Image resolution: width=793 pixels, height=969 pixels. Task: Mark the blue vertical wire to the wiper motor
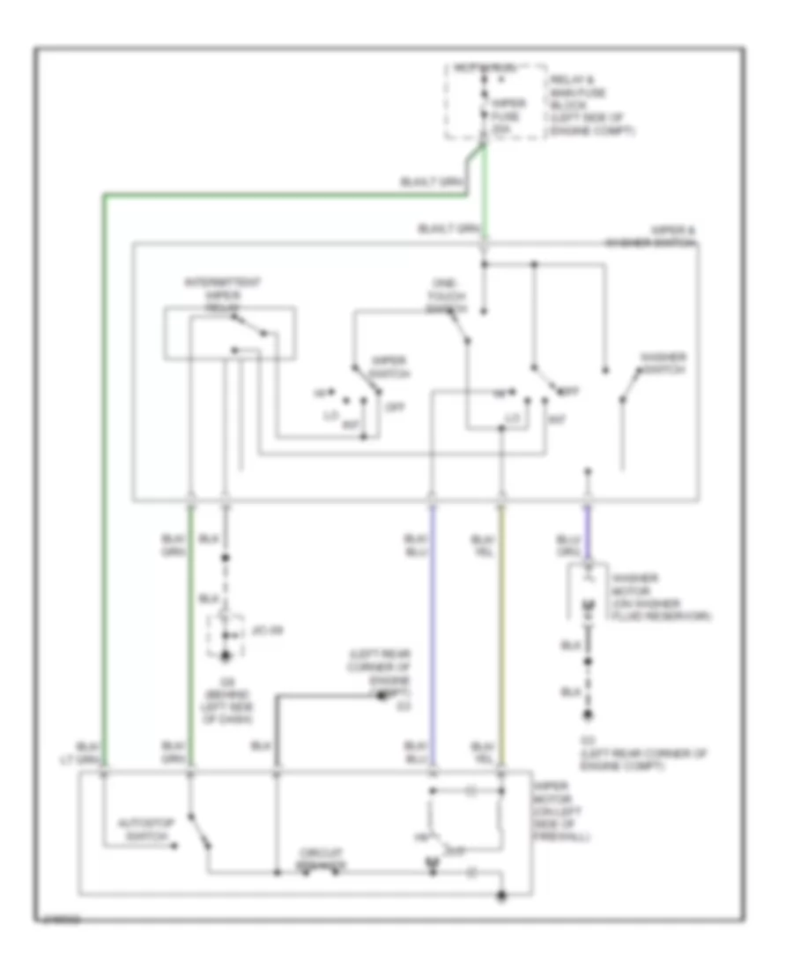[x=432, y=634]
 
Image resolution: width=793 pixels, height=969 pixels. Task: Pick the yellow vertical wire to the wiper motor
[x=502, y=634]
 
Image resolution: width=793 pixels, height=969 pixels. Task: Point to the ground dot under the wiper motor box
[x=501, y=897]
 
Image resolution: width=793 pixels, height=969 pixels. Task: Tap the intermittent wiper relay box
[x=229, y=333]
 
